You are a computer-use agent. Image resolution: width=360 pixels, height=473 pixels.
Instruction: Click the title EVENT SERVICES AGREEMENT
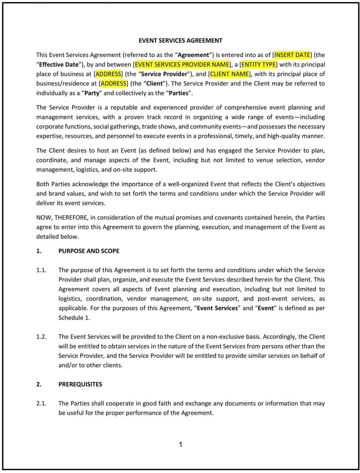point(180,40)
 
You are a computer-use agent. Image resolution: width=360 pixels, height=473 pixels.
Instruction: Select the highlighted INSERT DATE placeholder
point(293,55)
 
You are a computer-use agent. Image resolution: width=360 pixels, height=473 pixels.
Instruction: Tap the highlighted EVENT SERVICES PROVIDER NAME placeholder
point(182,64)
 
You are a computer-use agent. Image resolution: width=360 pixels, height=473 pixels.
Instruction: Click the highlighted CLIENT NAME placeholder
point(229,74)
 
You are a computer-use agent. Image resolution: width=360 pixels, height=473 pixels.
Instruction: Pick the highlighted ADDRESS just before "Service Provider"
point(108,74)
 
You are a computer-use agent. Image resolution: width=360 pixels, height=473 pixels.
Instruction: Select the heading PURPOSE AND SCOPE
point(89,251)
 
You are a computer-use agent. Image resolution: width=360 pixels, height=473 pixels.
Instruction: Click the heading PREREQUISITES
point(80,384)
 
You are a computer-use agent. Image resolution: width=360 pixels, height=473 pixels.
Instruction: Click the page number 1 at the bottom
point(180,445)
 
